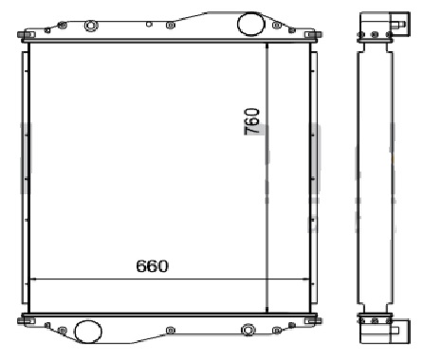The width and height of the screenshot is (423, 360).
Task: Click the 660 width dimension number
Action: click(152, 266)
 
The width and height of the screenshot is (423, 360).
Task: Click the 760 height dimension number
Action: click(252, 121)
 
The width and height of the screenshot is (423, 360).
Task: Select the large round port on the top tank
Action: click(250, 23)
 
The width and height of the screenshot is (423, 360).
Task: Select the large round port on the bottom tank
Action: click(88, 332)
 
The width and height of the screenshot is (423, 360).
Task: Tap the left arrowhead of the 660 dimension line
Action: click(31, 279)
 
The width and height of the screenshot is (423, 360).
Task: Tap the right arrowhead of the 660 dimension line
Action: click(306, 279)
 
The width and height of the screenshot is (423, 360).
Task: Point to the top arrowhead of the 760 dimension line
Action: click(267, 46)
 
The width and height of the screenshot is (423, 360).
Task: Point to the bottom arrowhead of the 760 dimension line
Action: click(267, 310)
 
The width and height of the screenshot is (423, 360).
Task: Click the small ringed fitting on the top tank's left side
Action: click(91, 26)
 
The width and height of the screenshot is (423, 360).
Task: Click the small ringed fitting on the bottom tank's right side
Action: click(248, 330)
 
